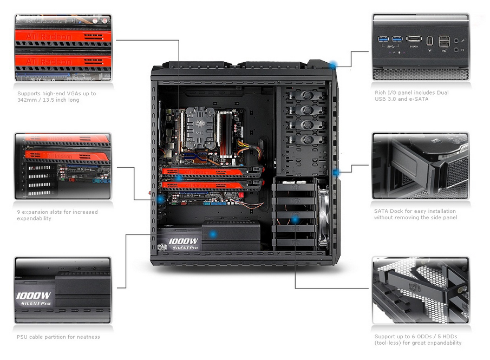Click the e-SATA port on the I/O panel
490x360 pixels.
pos(414,39)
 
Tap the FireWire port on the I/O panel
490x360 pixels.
pos(429,40)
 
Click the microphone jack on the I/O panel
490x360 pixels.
pos(456,41)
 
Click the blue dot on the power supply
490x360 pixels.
pos(213,234)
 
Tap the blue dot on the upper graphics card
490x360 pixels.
pos(179,177)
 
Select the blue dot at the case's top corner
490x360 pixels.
pos(334,65)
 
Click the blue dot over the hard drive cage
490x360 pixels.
pos(295,220)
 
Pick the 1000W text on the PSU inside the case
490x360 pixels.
pos(183,241)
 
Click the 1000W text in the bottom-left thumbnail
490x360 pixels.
pos(33,296)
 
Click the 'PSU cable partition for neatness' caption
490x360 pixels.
pos(58,337)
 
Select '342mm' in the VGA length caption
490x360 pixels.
pos(28,100)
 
